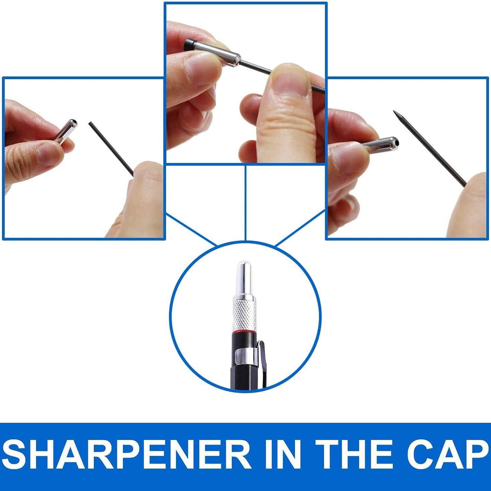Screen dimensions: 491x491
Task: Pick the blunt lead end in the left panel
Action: point(90,123)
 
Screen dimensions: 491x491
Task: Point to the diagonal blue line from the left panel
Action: point(192,230)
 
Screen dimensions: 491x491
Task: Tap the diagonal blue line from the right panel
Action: point(300,228)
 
